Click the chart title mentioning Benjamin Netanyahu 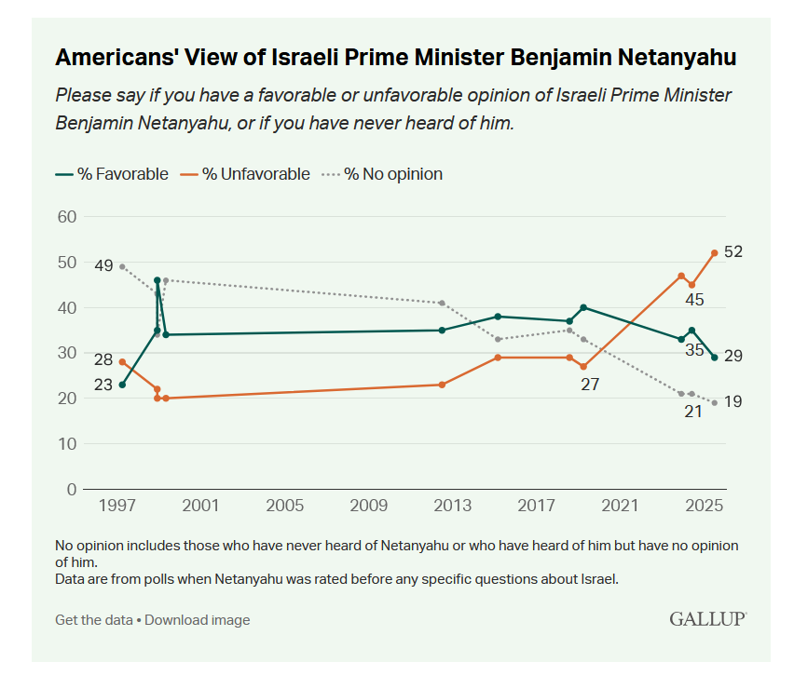396,58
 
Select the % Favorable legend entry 112,173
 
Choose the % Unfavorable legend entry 247,173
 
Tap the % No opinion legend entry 383,173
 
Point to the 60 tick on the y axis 65,217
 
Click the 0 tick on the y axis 71,489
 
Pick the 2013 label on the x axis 453,506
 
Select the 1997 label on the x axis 117,506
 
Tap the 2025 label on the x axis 705,506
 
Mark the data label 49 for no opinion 103,265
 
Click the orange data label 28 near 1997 103,359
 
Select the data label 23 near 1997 103,385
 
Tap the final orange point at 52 714,252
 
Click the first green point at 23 122,385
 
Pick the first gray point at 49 122,266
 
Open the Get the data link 93,619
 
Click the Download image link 197,619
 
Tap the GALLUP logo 707,618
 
